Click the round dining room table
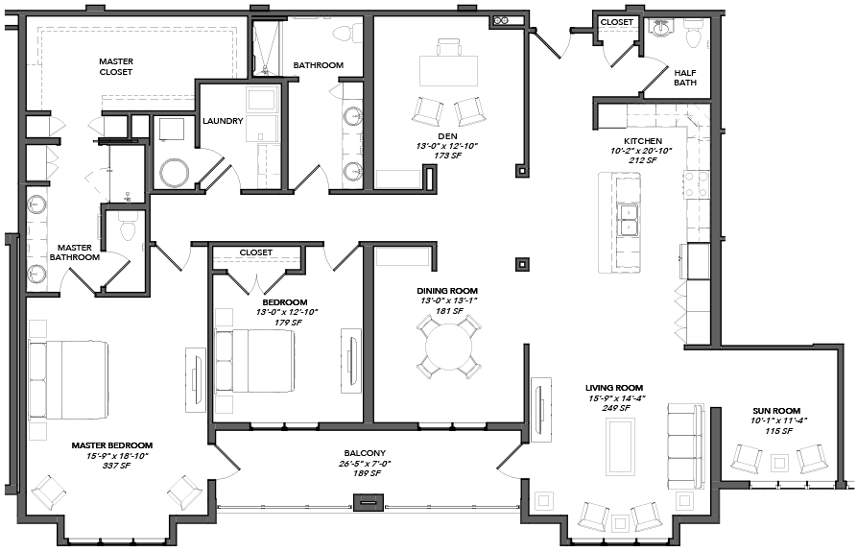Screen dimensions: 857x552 point(449,348)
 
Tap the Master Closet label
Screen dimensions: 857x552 point(116,66)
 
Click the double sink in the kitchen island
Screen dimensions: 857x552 point(628,220)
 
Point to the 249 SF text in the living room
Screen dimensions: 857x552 point(616,408)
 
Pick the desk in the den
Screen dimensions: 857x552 point(448,69)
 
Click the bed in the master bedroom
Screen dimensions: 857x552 point(69,380)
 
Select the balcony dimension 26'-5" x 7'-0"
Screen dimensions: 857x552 point(365,464)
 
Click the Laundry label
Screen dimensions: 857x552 point(223,121)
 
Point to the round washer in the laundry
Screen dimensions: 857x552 point(175,173)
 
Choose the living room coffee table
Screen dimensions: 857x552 point(620,447)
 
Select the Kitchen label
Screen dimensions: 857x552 point(643,141)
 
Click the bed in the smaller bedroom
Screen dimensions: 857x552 point(255,360)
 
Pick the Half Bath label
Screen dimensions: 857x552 point(685,78)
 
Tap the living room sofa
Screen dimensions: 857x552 point(685,445)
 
